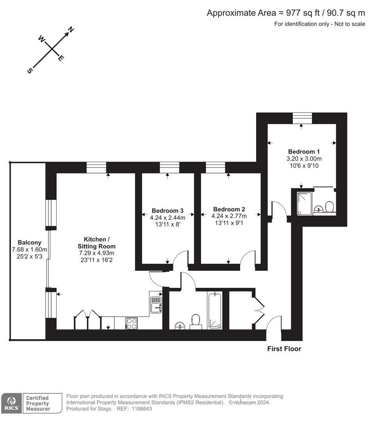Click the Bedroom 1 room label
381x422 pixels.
tap(304, 152)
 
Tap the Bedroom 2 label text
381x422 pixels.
tap(229, 209)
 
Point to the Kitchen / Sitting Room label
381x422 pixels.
tap(100, 243)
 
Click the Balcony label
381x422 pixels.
tap(29, 243)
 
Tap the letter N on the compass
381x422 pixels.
tap(71, 29)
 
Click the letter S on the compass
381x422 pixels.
tap(30, 70)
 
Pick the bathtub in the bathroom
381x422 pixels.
tap(215, 310)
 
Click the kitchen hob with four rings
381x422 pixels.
tap(132, 324)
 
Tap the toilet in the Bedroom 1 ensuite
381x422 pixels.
tap(329, 206)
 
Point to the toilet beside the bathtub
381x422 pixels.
tap(196, 321)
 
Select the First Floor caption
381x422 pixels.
tap(284, 349)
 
